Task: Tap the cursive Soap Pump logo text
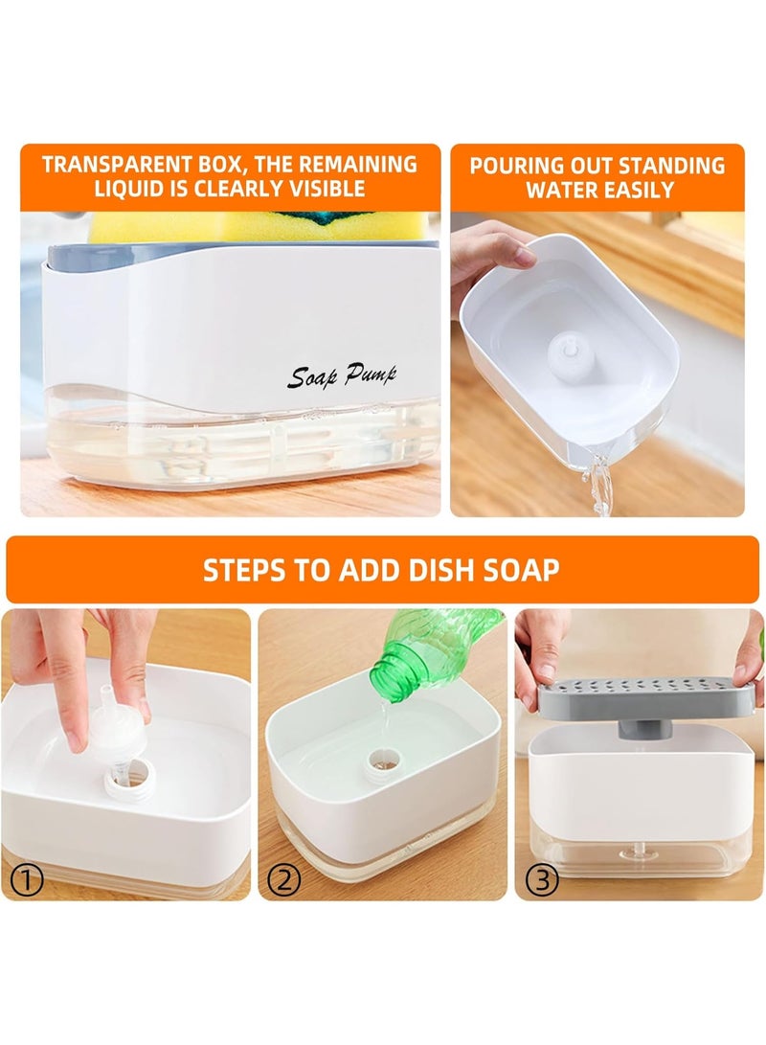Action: point(341,375)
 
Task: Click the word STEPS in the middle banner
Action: point(244,570)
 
